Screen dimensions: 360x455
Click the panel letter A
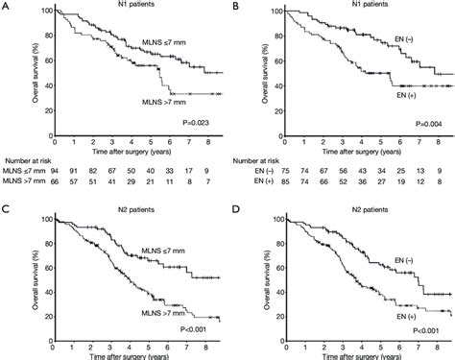(x=5, y=7)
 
